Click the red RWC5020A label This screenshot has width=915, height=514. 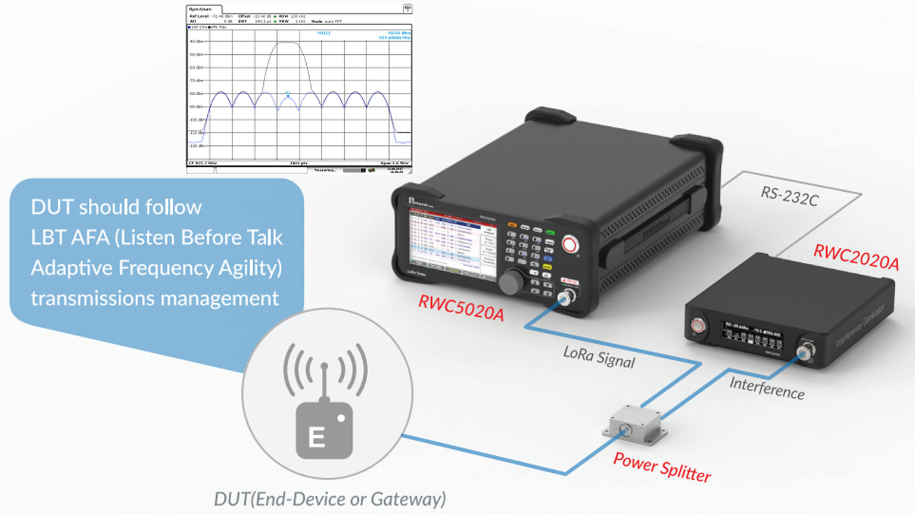click(461, 307)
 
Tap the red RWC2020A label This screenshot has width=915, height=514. click(855, 257)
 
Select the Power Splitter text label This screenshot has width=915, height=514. click(662, 467)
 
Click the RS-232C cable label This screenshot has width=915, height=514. click(789, 195)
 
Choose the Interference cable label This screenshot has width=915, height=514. click(767, 388)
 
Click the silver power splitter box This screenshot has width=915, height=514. click(635, 425)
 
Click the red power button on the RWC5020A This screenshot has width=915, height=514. click(570, 244)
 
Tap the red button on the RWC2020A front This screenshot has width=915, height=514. click(698, 325)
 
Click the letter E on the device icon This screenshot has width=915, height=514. click(316, 438)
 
